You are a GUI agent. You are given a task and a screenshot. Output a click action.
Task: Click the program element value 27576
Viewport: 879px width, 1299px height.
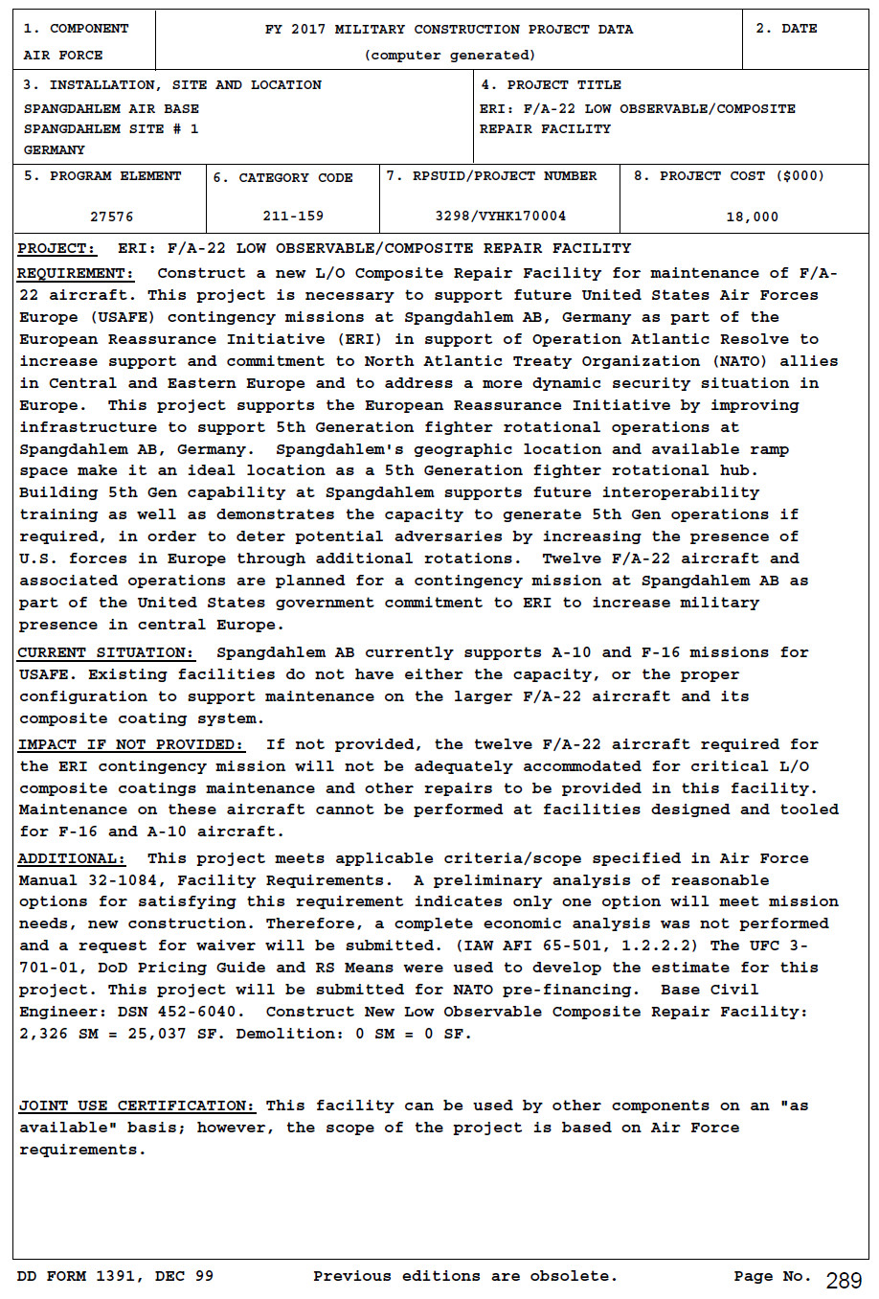(111, 216)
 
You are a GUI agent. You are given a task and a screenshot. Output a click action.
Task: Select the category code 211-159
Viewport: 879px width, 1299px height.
(293, 216)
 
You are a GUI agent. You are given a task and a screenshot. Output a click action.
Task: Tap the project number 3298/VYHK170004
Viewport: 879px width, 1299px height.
(500, 216)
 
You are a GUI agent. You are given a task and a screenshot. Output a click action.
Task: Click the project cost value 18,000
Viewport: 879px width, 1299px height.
(752, 216)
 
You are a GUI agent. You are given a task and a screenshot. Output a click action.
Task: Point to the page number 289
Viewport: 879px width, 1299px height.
(844, 1281)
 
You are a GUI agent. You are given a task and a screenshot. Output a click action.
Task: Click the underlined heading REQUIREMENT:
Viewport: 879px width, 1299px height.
(77, 274)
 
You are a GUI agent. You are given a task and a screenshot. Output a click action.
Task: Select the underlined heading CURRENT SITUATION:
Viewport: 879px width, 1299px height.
(105, 653)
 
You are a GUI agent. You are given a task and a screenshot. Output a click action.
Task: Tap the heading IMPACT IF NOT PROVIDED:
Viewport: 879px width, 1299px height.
(131, 744)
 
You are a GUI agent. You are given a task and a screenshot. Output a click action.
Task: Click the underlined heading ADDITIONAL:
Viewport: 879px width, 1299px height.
(72, 858)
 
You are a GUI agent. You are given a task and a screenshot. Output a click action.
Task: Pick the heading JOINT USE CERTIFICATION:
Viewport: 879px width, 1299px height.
(137, 1105)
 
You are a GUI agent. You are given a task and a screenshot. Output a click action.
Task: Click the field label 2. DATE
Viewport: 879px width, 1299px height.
(786, 29)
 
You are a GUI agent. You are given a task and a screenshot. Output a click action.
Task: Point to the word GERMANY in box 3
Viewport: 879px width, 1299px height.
(54, 150)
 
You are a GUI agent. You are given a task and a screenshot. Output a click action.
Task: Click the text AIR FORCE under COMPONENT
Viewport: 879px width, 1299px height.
(63, 56)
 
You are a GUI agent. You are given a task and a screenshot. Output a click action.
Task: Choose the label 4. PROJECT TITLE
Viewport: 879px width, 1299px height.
(551, 85)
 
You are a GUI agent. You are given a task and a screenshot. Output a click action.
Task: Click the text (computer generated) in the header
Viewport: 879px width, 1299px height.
(449, 56)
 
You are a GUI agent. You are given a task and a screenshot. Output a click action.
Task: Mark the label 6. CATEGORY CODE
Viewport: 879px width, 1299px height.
(282, 177)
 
